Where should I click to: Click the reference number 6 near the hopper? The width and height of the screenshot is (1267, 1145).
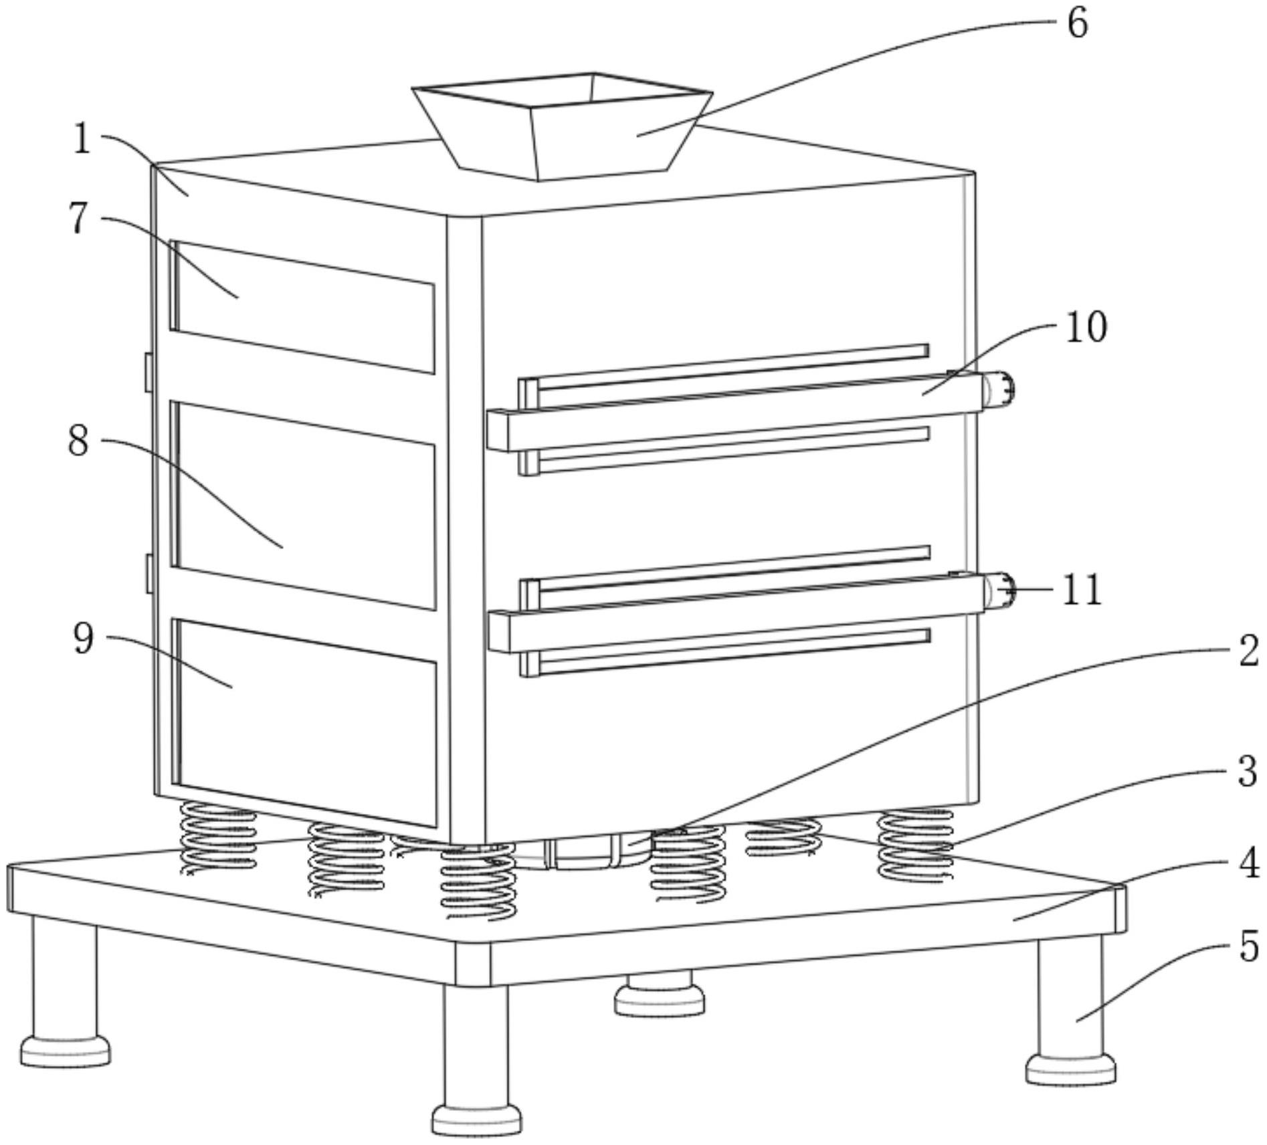point(1077,24)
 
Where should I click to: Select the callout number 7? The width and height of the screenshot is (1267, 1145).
point(79,217)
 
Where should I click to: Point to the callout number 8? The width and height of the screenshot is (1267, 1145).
point(78,441)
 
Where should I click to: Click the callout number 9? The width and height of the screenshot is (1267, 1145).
point(83,639)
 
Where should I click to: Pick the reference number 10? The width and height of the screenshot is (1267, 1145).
point(1086,327)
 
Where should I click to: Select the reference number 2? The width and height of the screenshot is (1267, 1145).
point(1248,651)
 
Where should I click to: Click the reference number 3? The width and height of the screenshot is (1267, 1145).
point(1247,771)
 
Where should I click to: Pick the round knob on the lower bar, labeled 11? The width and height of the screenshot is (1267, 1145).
point(999,591)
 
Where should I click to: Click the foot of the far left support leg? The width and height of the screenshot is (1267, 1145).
point(65,1050)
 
